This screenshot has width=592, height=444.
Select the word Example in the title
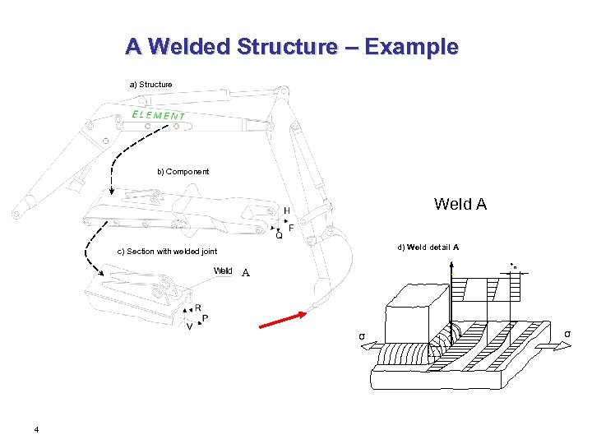click(411, 47)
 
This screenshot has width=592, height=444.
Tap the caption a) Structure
click(151, 85)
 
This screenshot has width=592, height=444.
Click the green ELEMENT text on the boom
click(159, 115)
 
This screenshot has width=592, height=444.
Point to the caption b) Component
click(183, 172)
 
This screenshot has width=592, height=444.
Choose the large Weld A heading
click(460, 204)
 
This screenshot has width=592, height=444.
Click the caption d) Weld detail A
click(428, 247)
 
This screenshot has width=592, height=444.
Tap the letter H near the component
click(287, 211)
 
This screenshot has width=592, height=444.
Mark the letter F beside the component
click(291, 228)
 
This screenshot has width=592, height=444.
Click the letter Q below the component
click(279, 236)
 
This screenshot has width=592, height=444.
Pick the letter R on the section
click(198, 308)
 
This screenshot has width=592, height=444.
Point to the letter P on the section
click(205, 317)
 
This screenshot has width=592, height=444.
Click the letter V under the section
click(190, 326)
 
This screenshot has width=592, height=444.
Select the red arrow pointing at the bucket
click(283, 320)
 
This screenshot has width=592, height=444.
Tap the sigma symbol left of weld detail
click(361, 335)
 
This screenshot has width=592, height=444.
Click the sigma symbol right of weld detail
click(567, 333)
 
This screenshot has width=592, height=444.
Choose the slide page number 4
click(36, 429)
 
